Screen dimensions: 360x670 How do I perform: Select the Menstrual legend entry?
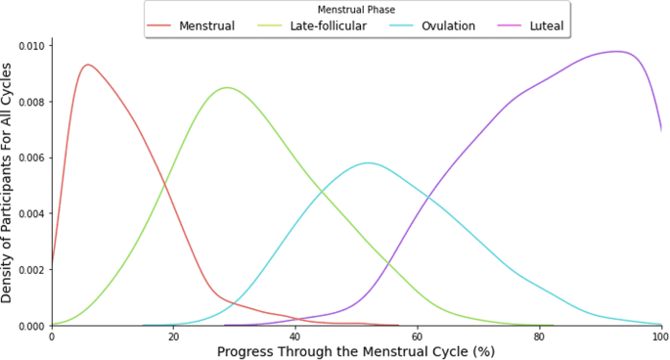[x=206, y=25]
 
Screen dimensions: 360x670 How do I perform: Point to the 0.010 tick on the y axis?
[x=26, y=46]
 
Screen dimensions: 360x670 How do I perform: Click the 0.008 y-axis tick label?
[x=26, y=102]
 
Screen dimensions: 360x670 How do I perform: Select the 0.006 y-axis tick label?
[x=26, y=157]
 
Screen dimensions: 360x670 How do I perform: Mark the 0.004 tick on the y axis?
[x=26, y=213]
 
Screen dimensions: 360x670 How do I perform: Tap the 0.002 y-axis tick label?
[x=26, y=269]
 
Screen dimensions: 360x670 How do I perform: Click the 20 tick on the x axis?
[x=174, y=336]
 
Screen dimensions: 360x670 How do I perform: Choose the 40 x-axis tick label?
[x=295, y=336]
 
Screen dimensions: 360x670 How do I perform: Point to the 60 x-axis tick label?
[x=418, y=336]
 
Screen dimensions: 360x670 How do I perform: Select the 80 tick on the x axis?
[x=540, y=336]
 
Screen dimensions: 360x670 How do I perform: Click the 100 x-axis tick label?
[x=659, y=336]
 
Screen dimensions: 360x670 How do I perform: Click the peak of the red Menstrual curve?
[x=88, y=65]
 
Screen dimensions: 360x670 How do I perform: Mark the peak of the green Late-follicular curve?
[x=227, y=88]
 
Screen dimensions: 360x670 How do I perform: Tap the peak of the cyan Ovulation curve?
[x=369, y=162]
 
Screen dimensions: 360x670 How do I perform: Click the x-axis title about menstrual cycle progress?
[x=357, y=351]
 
